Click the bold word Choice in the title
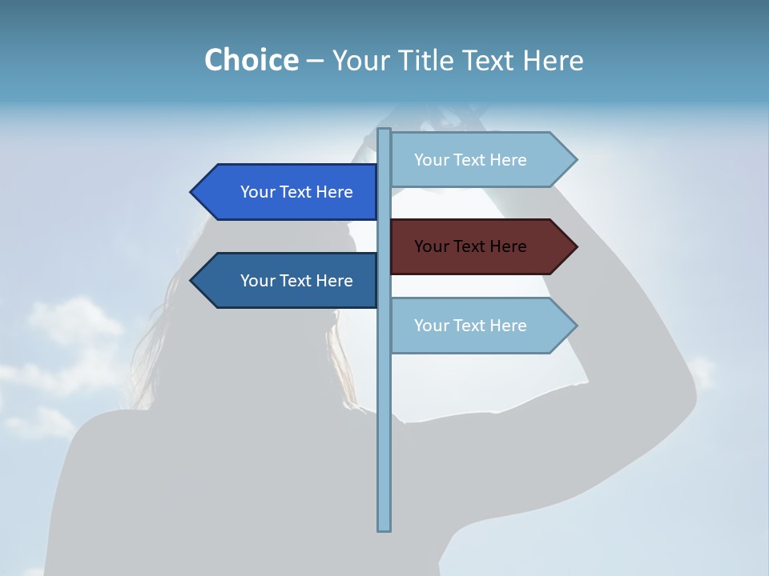252,60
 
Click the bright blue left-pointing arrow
288,192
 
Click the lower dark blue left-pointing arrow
288,281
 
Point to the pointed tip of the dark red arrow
575,246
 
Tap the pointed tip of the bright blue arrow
192,192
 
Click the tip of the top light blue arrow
575,160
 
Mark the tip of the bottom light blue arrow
575,326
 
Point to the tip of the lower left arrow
192,281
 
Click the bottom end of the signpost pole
384,529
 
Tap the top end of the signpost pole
384,130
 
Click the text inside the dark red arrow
470,246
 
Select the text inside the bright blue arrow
296,192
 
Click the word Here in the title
553,60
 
